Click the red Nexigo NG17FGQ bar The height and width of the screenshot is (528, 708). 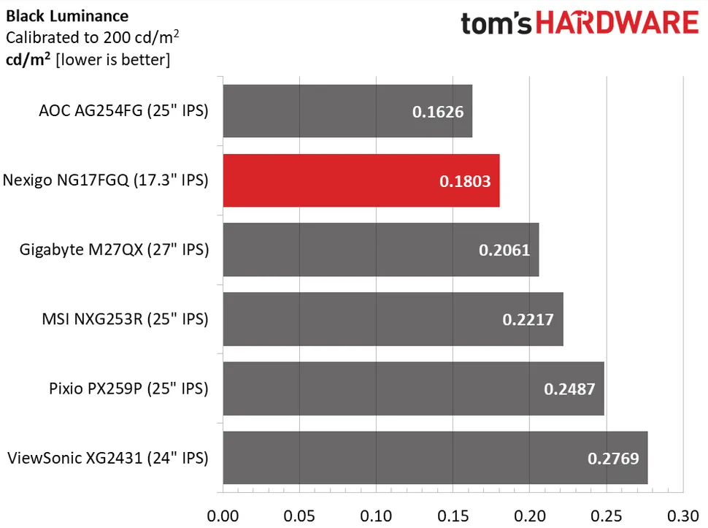[361, 180]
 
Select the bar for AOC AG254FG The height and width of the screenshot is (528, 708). [347, 111]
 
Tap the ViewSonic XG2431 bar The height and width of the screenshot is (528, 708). [434, 458]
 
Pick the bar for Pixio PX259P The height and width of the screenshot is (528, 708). [413, 389]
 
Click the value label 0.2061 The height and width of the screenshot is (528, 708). [504, 250]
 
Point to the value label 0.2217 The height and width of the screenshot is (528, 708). [528, 319]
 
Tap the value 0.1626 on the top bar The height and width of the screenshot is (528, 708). [437, 112]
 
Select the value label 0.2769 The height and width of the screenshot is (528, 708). [613, 459]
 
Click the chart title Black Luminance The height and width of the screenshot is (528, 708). [67, 15]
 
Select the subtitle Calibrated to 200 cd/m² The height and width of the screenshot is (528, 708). [93, 37]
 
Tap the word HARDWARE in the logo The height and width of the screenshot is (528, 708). [620, 23]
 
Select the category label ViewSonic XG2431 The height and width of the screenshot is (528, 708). [107, 459]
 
